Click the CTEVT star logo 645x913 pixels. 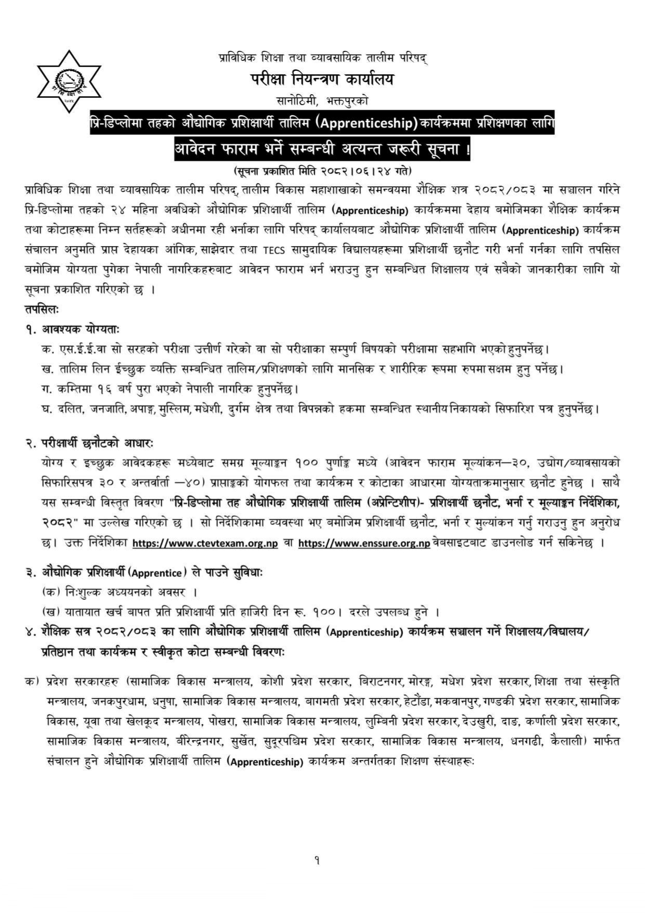[x=69, y=82]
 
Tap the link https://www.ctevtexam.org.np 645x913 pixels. [x=205, y=543]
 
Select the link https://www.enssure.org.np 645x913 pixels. [x=364, y=543]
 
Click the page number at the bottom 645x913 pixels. [x=317, y=860]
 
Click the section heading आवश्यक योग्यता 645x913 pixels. [x=81, y=329]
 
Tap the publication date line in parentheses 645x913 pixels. [x=322, y=170]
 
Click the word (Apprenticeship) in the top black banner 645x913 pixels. [x=367, y=124]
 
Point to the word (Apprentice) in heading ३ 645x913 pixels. [x=157, y=573]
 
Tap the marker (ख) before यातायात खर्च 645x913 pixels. [x=50, y=612]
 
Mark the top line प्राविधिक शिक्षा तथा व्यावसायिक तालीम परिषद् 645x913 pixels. [x=322, y=58]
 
